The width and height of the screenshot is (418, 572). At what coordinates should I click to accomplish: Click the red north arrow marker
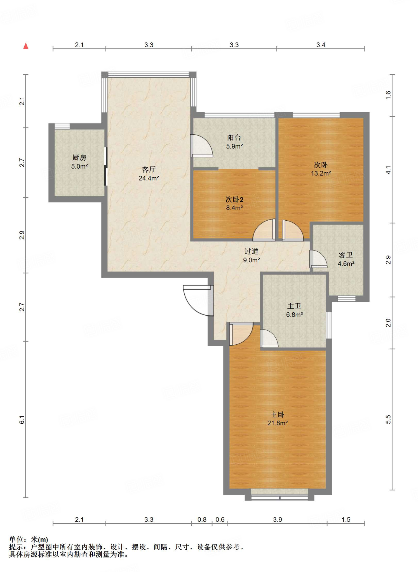pyautogui.click(x=26, y=46)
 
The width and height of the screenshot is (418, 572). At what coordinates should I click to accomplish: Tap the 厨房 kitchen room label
pyautogui.click(x=79, y=158)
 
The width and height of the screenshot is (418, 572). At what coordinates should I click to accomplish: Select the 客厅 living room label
pyautogui.click(x=149, y=170)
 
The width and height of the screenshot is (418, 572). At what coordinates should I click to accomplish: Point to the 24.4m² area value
pyautogui.click(x=149, y=178)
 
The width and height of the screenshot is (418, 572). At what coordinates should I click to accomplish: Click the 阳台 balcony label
pyautogui.click(x=234, y=137)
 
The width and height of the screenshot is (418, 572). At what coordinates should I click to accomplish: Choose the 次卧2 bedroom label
pyautogui.click(x=234, y=199)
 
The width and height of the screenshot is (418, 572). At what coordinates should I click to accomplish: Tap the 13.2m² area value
pyautogui.click(x=321, y=173)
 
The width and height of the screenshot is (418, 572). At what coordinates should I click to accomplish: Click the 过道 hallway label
pyautogui.click(x=251, y=251)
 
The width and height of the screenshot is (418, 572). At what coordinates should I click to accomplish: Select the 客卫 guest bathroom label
pyautogui.click(x=346, y=255)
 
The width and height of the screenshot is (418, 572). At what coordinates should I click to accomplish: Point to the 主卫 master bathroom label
pyautogui.click(x=294, y=306)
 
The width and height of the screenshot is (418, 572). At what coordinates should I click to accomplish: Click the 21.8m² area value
pyautogui.click(x=278, y=423)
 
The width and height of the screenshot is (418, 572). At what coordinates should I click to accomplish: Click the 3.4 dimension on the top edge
pyautogui.click(x=321, y=45)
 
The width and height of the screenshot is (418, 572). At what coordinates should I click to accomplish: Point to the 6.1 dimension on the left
pyautogui.click(x=22, y=420)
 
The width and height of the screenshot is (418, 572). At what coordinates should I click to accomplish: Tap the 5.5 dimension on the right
pyautogui.click(x=388, y=420)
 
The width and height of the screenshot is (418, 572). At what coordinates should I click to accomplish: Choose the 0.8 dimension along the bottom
pyautogui.click(x=202, y=519)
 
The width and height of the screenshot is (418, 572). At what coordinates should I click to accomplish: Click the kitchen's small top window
pyautogui.click(x=62, y=126)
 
